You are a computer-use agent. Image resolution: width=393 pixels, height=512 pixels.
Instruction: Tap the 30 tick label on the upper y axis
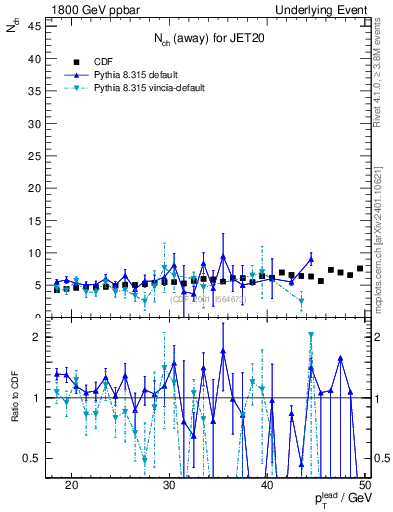(x=34, y=123)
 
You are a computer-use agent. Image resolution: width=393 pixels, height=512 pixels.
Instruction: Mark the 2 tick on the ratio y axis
(x=37, y=337)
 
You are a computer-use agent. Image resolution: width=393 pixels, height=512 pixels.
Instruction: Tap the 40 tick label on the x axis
(x=268, y=484)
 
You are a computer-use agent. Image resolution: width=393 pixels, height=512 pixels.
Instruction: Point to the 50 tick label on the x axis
(x=365, y=484)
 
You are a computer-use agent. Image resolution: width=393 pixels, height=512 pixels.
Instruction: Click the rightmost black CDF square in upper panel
(x=360, y=268)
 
